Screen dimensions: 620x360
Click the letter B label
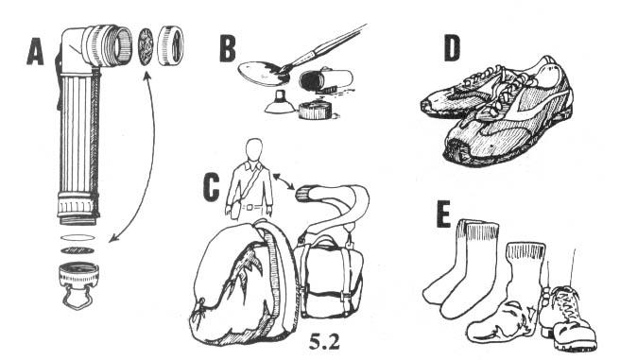click(x=228, y=48)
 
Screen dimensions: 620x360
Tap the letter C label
click(x=211, y=187)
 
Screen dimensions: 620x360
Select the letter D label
click(x=452, y=48)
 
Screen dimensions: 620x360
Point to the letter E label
click(x=443, y=214)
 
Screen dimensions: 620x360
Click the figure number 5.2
click(x=324, y=341)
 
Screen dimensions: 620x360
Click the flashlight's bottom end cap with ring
click(x=78, y=283)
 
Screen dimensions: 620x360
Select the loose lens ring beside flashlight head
click(x=170, y=45)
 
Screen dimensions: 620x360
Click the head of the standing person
click(x=253, y=149)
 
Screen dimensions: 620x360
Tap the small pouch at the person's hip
click(x=234, y=210)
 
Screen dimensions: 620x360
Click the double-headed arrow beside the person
click(x=284, y=181)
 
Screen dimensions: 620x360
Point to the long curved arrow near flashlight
click(x=150, y=158)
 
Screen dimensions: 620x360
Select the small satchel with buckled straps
click(x=329, y=277)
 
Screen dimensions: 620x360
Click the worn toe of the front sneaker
click(x=458, y=150)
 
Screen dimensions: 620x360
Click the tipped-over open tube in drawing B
click(x=326, y=80)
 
